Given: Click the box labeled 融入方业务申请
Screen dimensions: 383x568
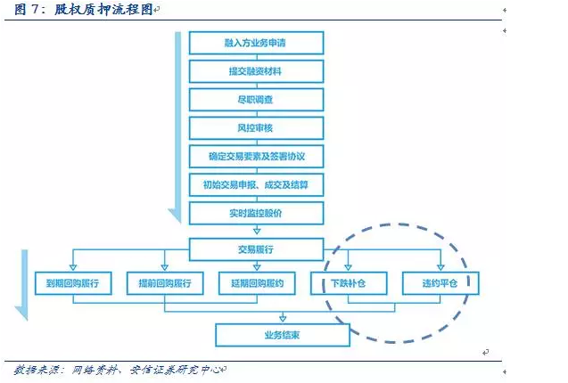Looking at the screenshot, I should click(256, 43).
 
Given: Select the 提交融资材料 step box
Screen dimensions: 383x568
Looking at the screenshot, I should click(256, 71).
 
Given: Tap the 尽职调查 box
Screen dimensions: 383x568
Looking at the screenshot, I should click(256, 100).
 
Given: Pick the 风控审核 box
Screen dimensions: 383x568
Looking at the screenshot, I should click(256, 128).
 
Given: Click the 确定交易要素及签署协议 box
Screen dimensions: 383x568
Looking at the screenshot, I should click(256, 157).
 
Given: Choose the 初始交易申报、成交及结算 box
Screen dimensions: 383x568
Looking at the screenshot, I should click(256, 185).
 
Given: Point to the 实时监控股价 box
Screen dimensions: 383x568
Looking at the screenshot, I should click(256, 214).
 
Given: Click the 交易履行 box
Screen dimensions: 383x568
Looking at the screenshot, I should click(256, 249).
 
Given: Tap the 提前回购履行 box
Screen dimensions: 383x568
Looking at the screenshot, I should click(165, 283).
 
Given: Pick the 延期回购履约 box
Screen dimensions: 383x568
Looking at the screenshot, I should click(257, 283).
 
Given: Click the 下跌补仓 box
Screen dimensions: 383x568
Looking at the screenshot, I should click(348, 283).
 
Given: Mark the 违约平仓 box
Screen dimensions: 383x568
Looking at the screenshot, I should click(440, 283).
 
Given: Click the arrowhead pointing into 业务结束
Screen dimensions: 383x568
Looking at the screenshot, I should click(283, 319).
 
